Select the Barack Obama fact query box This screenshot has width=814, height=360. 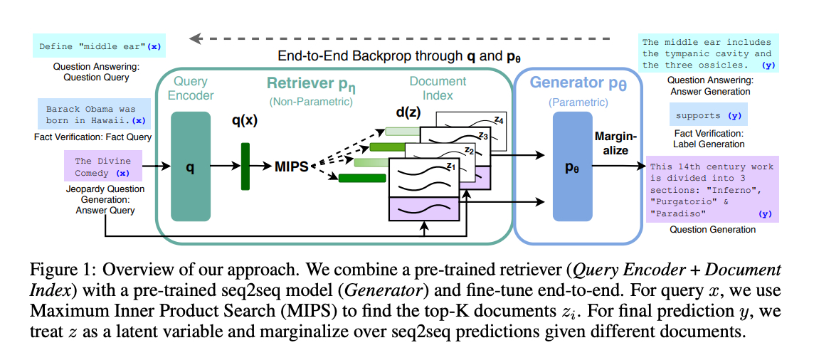tap(94, 114)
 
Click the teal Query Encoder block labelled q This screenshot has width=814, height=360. tap(191, 167)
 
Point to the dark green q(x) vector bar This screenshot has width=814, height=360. tap(245, 166)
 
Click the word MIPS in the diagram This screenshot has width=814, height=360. tap(292, 166)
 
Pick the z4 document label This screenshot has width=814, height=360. tap(498, 120)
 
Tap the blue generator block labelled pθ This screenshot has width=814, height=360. tap(572, 166)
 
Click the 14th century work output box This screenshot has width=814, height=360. tap(712, 190)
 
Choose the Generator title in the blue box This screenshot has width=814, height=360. tap(577, 84)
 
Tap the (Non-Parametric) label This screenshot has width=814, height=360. tap(310, 102)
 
